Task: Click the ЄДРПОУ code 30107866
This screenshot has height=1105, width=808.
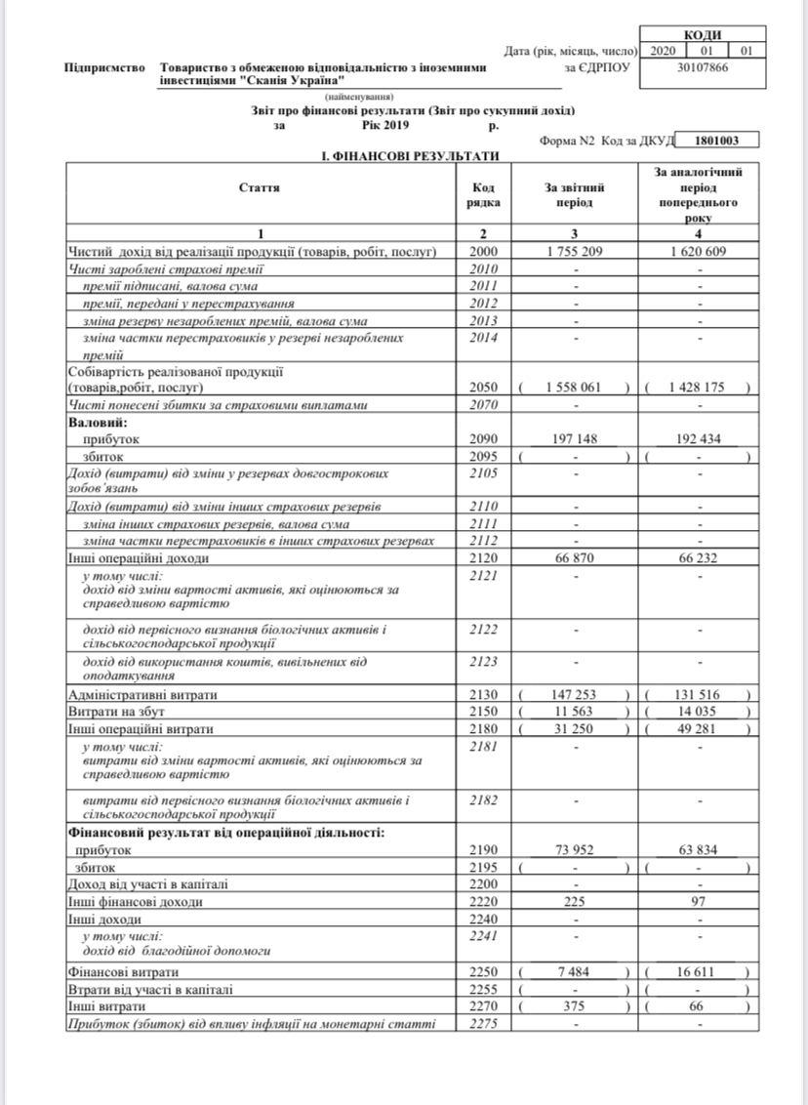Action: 703,67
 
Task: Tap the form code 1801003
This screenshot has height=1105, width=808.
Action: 718,141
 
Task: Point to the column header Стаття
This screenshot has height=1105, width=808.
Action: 260,186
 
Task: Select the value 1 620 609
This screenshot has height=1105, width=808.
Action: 697,251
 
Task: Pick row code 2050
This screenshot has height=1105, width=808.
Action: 484,387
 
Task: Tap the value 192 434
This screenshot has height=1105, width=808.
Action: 697,438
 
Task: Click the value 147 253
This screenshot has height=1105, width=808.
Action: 575,694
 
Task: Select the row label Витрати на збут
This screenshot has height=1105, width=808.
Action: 111,712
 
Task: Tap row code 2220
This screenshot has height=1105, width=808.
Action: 484,901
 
